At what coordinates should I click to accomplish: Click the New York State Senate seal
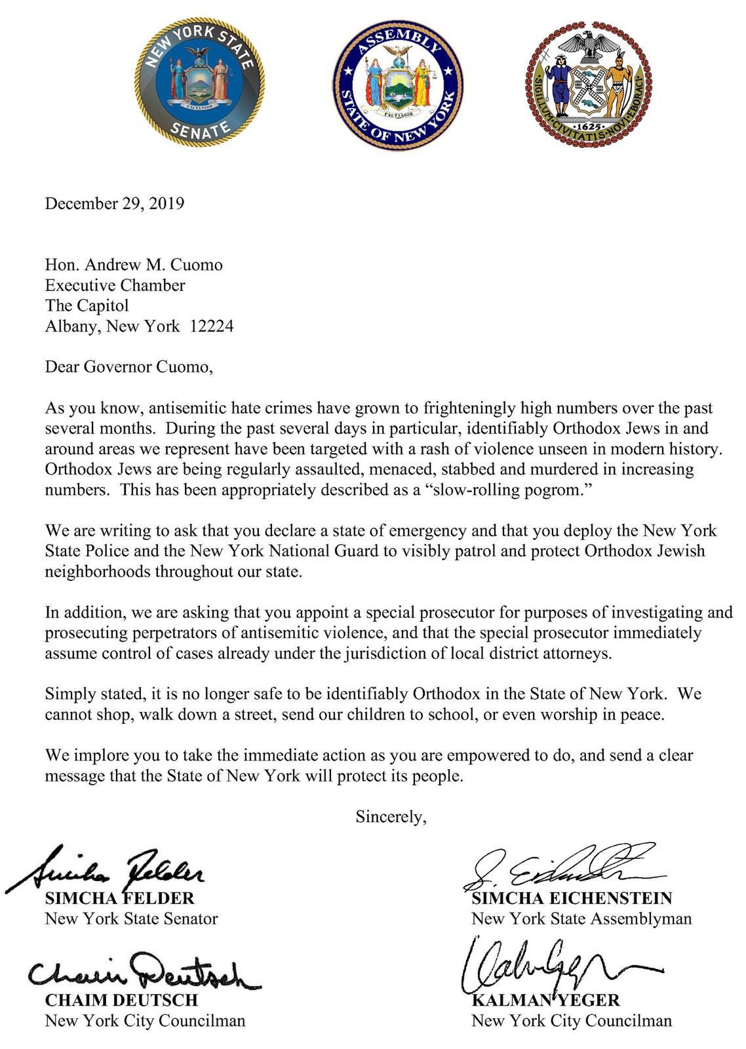click(199, 82)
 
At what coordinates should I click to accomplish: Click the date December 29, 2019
click(114, 203)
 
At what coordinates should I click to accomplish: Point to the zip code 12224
click(211, 326)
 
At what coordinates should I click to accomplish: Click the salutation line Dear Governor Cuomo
click(129, 366)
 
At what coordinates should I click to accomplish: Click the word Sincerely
click(391, 817)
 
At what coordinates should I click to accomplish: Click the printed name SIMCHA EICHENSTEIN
click(572, 898)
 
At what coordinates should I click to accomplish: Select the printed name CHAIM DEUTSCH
click(121, 1000)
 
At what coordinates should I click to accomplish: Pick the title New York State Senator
click(131, 919)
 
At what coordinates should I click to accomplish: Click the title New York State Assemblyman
click(581, 919)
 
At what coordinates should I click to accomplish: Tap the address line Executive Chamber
click(115, 285)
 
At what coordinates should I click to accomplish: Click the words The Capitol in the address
click(87, 306)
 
